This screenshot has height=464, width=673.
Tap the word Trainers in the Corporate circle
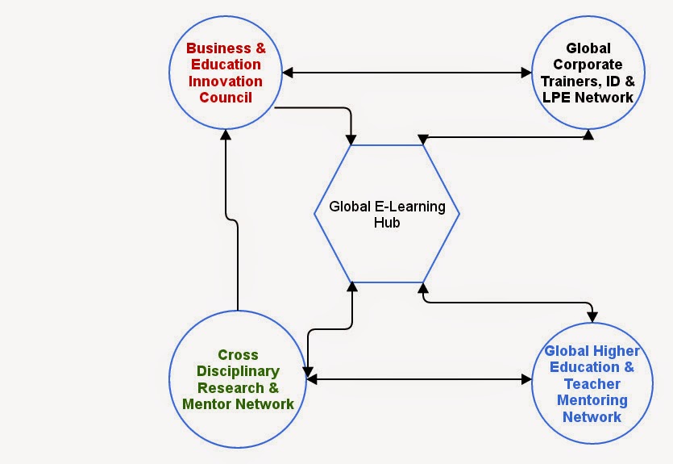[x=566, y=82]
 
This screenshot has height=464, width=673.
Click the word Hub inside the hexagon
[x=386, y=223]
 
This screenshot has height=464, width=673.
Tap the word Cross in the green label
[x=239, y=355]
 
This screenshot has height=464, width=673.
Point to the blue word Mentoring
[x=592, y=400]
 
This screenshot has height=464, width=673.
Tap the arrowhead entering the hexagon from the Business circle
[x=351, y=139]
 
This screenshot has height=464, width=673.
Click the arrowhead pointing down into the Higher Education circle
[x=592, y=314]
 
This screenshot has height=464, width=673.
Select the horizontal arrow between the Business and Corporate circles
[x=407, y=73]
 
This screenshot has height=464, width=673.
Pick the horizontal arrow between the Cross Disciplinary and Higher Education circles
[x=418, y=377]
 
